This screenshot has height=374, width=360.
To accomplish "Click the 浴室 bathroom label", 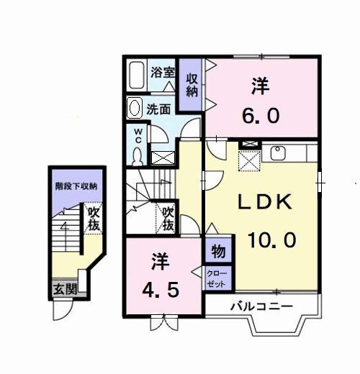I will (x=163, y=73).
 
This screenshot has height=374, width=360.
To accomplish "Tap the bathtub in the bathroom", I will (x=138, y=75).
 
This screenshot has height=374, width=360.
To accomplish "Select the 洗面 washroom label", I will (x=158, y=109).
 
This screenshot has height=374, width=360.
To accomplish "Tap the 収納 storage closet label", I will (x=191, y=84).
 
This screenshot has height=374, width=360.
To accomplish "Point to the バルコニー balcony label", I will (x=261, y=306).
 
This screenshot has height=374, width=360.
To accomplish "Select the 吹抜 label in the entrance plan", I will (x=93, y=219).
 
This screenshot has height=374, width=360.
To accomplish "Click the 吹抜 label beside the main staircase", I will (x=167, y=219).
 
